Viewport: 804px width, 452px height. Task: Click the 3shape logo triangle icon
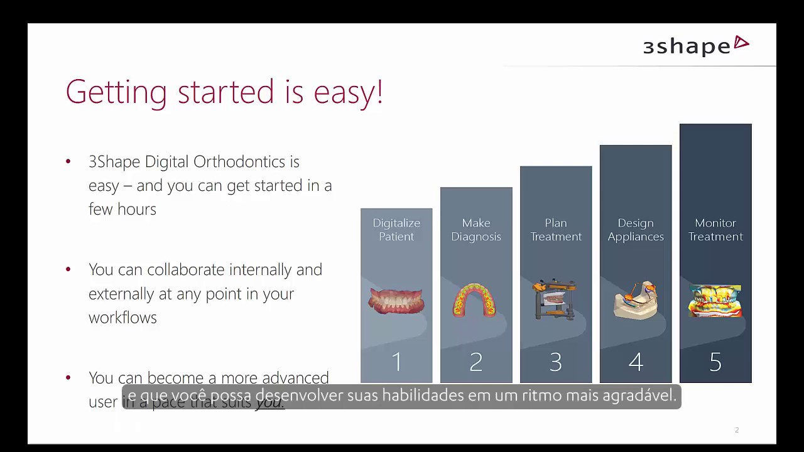pos(741,43)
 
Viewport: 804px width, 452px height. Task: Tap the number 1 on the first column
pos(396,362)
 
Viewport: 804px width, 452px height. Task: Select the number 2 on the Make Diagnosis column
pos(476,362)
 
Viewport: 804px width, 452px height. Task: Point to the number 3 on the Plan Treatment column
pos(556,362)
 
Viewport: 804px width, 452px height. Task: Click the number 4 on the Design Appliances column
pos(636,362)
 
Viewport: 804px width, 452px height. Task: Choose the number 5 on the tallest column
pos(715,362)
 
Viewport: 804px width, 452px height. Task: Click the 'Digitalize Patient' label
pos(396,230)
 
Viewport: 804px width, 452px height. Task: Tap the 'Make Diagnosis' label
pos(476,230)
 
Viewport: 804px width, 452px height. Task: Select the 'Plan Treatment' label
pos(556,230)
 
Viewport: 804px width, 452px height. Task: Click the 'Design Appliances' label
pos(636,230)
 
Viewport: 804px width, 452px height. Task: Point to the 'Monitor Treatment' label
pos(715,230)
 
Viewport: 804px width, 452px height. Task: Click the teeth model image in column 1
pos(396,301)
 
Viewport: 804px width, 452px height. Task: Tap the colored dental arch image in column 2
pos(475,300)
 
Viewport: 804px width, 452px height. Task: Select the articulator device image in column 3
pos(554,299)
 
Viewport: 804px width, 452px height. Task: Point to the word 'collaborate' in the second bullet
pos(185,270)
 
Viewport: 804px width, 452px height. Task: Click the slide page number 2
pos(737,430)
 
